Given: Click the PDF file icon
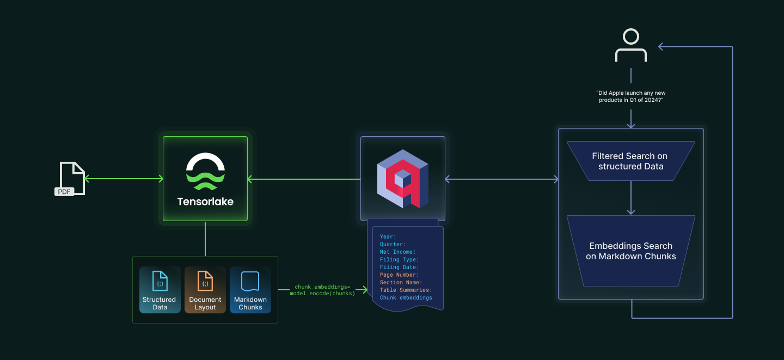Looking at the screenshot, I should tap(71, 179).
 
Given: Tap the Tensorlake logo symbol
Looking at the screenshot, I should tap(205, 172).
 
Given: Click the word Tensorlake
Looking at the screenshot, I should tap(205, 202).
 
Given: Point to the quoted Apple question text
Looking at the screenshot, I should tap(631, 96).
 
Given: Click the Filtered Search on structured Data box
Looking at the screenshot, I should tap(630, 161).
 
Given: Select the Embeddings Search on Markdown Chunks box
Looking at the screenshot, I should tap(630, 251).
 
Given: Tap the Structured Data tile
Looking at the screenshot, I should tap(160, 290).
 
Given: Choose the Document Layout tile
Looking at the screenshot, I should tap(205, 290).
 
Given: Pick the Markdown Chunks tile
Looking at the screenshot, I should tap(250, 290).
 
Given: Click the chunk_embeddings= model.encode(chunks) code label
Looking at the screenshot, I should tap(322, 290).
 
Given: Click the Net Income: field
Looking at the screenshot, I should tap(397, 252).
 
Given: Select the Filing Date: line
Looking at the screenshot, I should tap(399, 267).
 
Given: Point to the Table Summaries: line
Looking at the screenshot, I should tap(406, 290).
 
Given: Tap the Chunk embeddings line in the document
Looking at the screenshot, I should tap(406, 298).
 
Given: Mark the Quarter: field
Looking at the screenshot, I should tap(393, 245).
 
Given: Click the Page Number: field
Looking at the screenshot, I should tap(399, 275).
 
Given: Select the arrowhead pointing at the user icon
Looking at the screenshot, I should tap(661, 47).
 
